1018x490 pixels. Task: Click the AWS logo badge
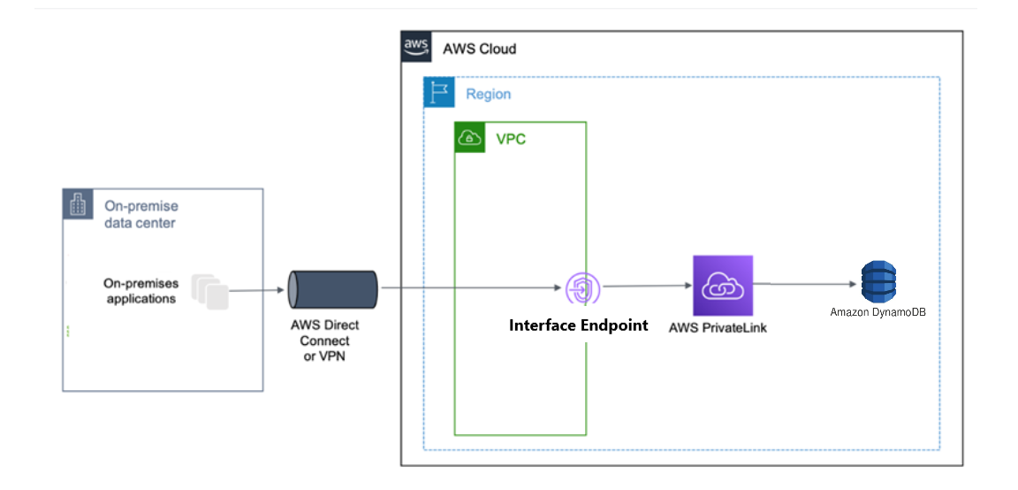point(415,47)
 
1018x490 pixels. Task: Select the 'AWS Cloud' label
point(479,49)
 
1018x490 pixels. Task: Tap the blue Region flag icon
point(438,93)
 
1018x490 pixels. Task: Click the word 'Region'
point(488,94)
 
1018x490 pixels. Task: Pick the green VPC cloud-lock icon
point(469,138)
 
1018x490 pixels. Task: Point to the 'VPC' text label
point(511,139)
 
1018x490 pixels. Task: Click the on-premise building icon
point(77,204)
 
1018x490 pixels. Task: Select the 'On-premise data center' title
point(141,215)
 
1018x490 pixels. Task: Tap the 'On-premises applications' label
point(141,291)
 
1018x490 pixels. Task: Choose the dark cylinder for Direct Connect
point(333,288)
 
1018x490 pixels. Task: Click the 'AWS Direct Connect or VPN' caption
point(325,341)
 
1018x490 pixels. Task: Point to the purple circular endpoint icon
point(582,288)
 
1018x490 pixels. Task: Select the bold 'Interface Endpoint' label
point(578,325)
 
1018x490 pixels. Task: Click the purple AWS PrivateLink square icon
point(723,286)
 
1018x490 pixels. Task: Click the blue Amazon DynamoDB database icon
point(878,282)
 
